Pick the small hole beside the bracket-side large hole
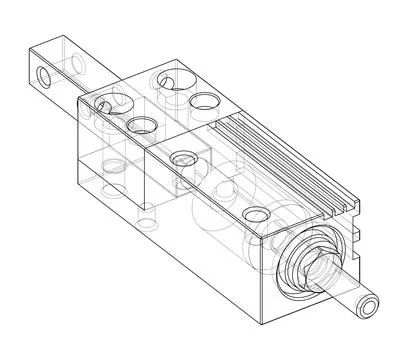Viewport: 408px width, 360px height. point(103,103)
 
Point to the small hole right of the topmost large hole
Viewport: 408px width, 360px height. point(205,100)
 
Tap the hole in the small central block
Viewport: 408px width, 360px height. point(183,157)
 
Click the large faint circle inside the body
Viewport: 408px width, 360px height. point(215,205)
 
